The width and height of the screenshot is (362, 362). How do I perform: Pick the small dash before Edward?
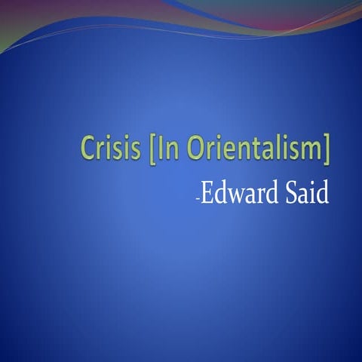pos(197,198)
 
